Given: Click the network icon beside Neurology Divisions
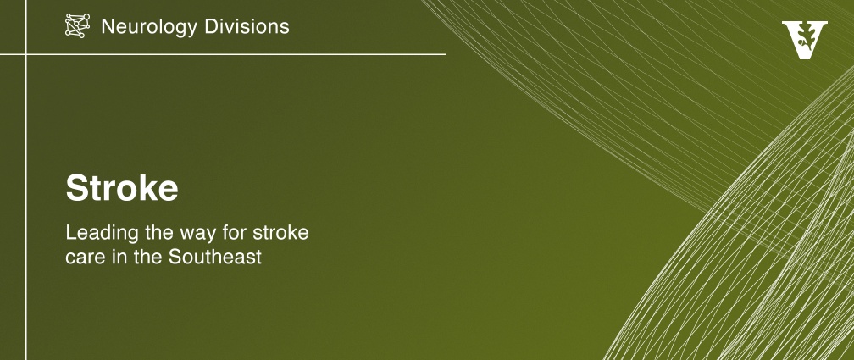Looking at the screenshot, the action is click(x=77, y=25).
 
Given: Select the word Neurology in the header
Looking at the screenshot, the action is click(x=146, y=27).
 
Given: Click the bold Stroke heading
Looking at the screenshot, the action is click(x=122, y=188).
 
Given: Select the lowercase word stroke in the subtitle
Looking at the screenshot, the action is click(x=280, y=233).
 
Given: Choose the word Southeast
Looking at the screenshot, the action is click(x=215, y=256).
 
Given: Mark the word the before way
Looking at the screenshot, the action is click(x=160, y=233).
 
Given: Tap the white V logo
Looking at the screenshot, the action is click(x=805, y=40).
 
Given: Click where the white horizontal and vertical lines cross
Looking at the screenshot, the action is click(x=26, y=54).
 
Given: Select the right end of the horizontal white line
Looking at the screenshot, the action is click(x=445, y=54).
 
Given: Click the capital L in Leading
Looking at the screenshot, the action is click(x=71, y=233).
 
